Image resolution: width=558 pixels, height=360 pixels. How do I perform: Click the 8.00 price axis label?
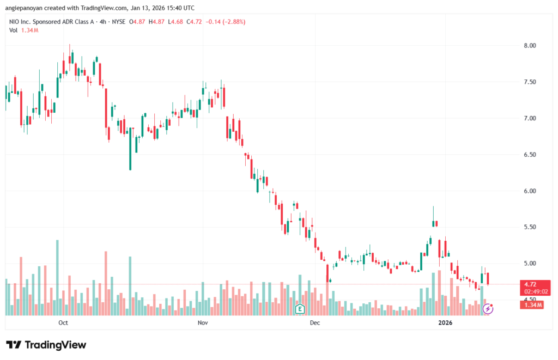click(x=530, y=45)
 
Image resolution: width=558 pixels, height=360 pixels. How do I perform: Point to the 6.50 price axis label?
click(x=530, y=155)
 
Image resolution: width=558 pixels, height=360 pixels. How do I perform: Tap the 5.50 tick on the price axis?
click(x=530, y=227)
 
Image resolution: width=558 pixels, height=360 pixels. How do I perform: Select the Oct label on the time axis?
click(x=63, y=323)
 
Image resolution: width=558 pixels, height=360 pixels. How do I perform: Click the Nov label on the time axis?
click(x=203, y=323)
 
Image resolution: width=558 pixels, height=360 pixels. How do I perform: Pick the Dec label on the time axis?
click(x=314, y=323)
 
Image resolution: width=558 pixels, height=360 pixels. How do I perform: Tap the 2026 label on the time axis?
click(x=446, y=323)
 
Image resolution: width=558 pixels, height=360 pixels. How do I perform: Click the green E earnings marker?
click(x=299, y=309)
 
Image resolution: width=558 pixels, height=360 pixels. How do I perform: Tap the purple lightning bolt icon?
click(x=488, y=309)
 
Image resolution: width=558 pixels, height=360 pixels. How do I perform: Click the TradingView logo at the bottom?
click(x=46, y=345)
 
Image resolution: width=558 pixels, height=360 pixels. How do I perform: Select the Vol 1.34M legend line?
click(x=23, y=30)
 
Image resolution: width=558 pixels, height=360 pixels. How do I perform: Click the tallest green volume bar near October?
click(x=57, y=277)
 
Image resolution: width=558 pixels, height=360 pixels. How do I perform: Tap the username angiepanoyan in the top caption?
click(x=28, y=8)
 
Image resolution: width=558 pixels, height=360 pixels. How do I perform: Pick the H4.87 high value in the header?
click(x=157, y=22)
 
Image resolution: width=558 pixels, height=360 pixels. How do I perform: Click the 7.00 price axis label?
click(x=530, y=118)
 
